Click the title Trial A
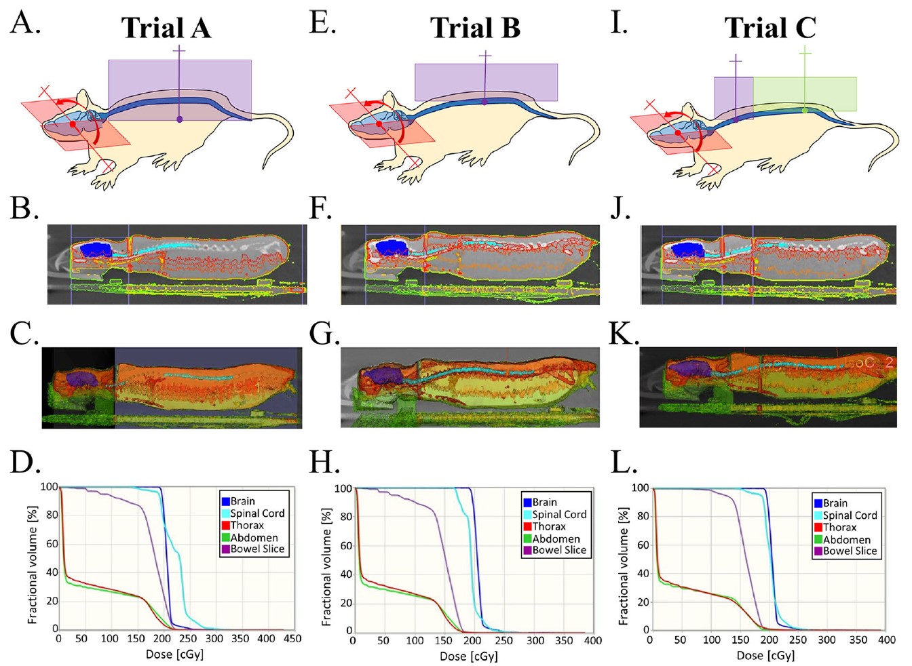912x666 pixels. pos(166,28)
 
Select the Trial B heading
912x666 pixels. pos(475,28)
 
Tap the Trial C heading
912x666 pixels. pos(770,28)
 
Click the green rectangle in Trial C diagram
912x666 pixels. pos(805,94)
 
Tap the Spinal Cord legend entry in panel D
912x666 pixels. pos(256,513)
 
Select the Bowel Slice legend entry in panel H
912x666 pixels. pos(558,550)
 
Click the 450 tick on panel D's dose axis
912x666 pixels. pos(292,639)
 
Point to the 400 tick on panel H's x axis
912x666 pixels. pos(593,641)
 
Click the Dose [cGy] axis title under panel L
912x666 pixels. pos(765,656)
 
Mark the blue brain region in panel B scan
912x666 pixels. pos(96,249)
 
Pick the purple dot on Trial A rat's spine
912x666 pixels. pos(179,119)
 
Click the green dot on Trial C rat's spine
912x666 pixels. pos(804,111)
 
